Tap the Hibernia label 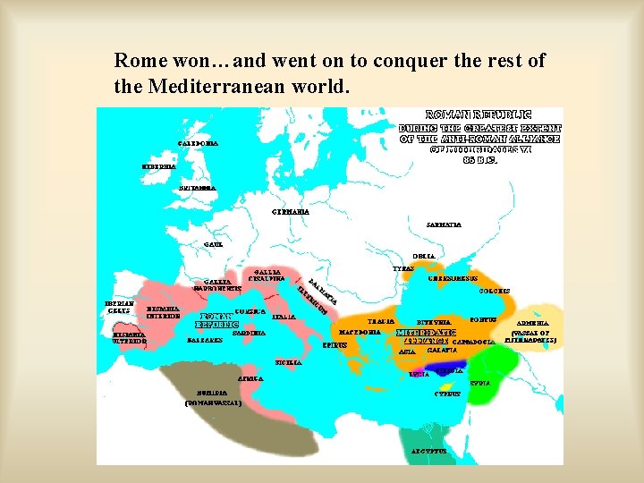click(159, 166)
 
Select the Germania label click(290, 211)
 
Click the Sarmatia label click(444, 225)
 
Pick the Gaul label click(213, 244)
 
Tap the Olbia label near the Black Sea click(425, 256)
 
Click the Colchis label click(495, 291)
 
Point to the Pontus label click(483, 319)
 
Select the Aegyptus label click(428, 452)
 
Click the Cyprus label click(447, 394)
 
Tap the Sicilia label click(288, 362)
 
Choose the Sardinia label click(249, 333)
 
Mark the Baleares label click(205, 341)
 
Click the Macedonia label click(361, 332)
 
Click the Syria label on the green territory click(479, 383)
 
